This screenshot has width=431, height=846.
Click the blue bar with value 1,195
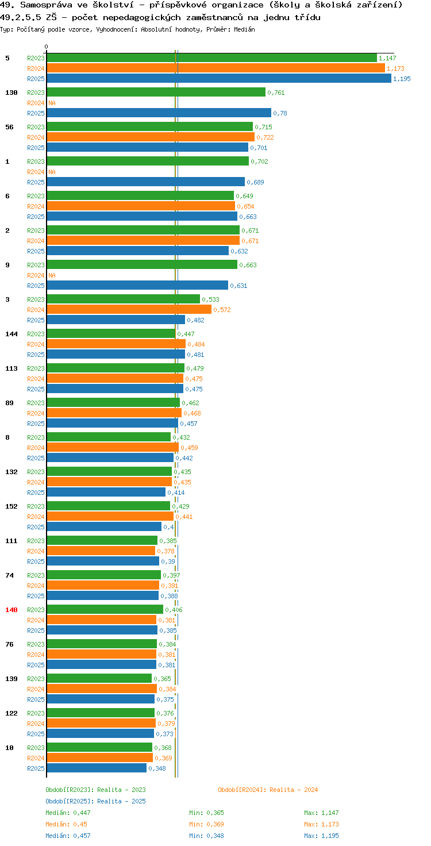click(219, 79)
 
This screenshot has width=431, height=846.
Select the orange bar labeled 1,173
click(215, 68)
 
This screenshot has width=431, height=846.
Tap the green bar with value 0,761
click(156, 92)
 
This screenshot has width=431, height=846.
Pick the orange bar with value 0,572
click(129, 310)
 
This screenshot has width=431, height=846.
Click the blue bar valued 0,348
click(97, 768)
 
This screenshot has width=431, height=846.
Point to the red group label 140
click(11, 610)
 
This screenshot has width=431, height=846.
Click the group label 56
click(9, 127)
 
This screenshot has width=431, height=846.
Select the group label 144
click(11, 334)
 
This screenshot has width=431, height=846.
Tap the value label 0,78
click(280, 113)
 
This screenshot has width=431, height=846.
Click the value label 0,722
click(265, 137)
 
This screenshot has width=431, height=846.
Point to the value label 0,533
click(210, 299)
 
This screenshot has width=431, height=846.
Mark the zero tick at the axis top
click(46, 47)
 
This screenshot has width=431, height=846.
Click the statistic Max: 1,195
click(321, 836)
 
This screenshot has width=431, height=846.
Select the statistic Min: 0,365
click(207, 813)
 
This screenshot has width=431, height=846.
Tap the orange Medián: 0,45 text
click(67, 824)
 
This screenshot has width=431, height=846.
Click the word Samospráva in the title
click(46, 5)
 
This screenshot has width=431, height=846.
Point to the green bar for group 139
click(99, 678)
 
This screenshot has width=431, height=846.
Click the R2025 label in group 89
click(36, 424)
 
